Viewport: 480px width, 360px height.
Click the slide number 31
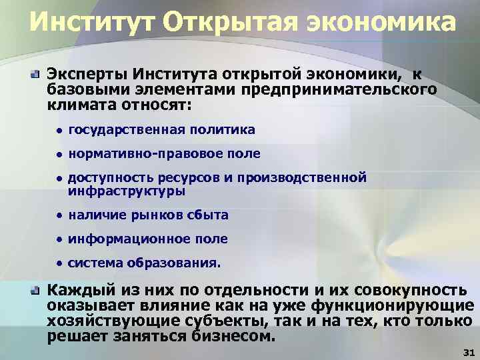[467, 351]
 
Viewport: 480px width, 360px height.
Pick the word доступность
[110, 178]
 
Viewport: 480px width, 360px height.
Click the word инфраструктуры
[127, 191]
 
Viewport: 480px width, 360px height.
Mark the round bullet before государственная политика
[59, 131]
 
